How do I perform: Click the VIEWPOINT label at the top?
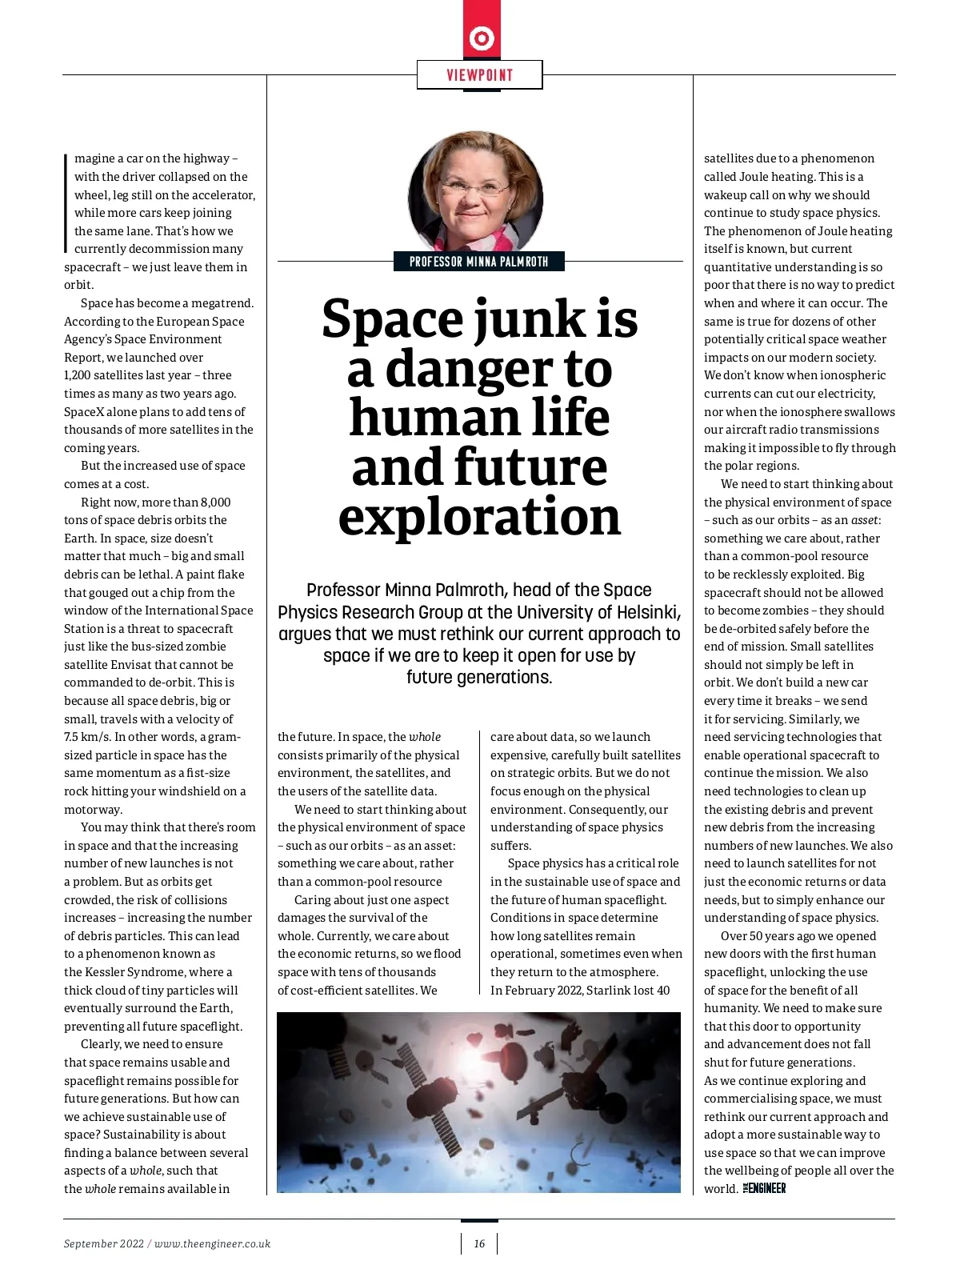tap(479, 75)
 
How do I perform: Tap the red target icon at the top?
tap(482, 38)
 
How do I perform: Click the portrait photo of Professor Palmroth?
tap(476, 192)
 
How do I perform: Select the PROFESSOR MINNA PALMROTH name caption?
tap(478, 262)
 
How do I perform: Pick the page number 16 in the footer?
tap(479, 1243)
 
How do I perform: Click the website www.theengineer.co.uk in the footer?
tap(212, 1243)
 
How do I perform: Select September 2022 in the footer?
tap(104, 1243)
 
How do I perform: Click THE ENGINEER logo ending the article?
tap(764, 1188)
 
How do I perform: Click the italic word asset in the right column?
tap(864, 520)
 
